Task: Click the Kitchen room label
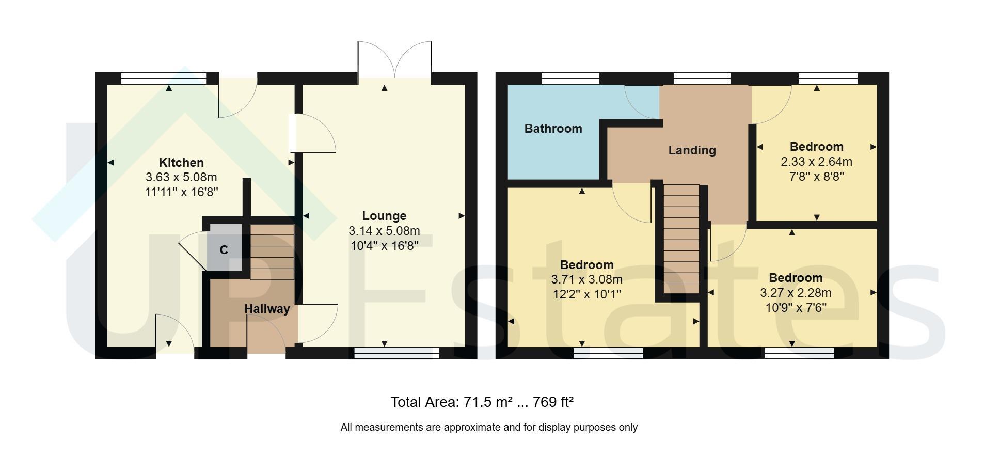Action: (181, 163)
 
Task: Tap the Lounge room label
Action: (384, 216)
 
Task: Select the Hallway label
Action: (267, 309)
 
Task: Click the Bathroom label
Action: (553, 129)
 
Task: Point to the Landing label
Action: (692, 150)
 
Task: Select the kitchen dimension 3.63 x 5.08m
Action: (181, 178)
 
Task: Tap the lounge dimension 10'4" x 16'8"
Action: (385, 245)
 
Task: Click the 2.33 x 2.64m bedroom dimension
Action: (816, 162)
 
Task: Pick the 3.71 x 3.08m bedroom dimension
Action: (586, 280)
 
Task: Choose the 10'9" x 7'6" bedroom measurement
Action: (796, 308)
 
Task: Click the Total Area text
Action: (482, 402)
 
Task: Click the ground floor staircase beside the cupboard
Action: (272, 252)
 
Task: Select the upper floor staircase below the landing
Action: (681, 240)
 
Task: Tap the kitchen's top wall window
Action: (164, 78)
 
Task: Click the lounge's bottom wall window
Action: (396, 353)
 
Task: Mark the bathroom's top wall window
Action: (570, 78)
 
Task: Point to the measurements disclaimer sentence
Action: (489, 427)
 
